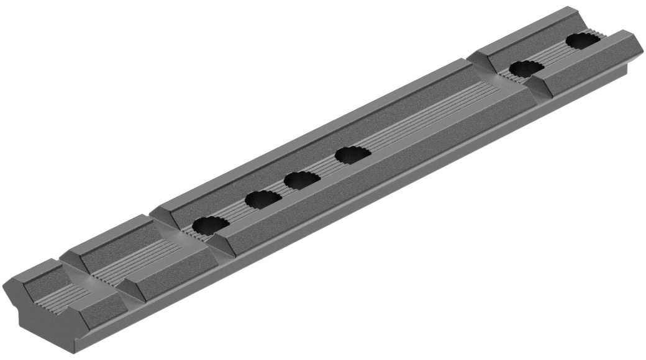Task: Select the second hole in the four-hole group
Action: point(263,199)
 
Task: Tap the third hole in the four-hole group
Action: point(303,180)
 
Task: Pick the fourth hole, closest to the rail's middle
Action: point(353,155)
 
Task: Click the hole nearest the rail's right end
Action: point(583,41)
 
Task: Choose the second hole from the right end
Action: point(526,68)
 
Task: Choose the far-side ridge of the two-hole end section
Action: point(528,31)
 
